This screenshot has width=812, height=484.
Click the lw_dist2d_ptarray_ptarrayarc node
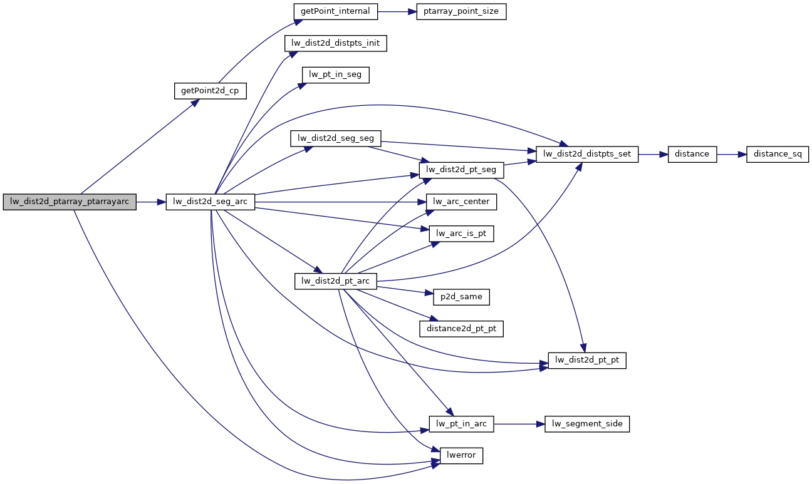tap(70, 202)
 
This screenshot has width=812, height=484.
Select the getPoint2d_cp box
tap(210, 90)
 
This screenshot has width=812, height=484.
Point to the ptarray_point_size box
tap(461, 12)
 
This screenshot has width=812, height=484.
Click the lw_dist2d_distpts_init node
tap(335, 43)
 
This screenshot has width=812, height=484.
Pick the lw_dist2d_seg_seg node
tap(336, 138)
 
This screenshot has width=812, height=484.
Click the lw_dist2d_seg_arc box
tap(210, 202)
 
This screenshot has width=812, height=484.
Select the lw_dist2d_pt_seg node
tap(461, 170)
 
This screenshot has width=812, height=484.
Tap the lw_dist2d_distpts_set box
tap(586, 153)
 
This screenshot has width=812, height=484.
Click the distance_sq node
tap(778, 153)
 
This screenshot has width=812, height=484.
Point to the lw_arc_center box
tap(461, 202)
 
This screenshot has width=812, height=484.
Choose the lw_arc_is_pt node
tap(461, 234)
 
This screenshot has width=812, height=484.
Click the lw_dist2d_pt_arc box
tap(336, 281)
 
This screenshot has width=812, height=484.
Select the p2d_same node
tap(461, 296)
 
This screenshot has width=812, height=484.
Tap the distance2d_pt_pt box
tap(461, 328)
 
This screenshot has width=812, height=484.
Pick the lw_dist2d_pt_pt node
tap(587, 360)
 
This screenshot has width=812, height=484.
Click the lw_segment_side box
tap(587, 424)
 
